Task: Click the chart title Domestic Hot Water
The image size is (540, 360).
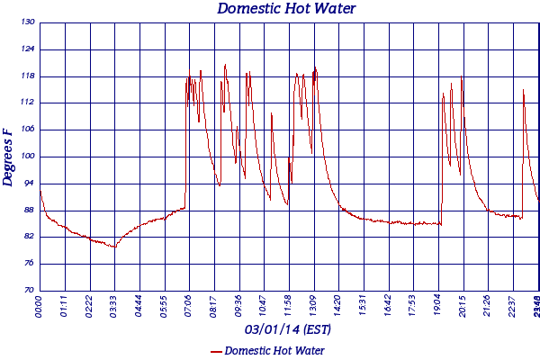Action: click(287, 9)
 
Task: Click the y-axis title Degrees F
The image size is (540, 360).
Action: click(8, 157)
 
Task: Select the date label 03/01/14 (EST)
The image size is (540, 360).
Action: click(287, 330)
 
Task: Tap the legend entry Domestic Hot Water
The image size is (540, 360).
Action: click(274, 350)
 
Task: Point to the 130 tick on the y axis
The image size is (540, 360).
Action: click(29, 22)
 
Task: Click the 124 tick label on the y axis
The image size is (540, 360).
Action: click(29, 49)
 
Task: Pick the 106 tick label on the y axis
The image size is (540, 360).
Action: click(29, 129)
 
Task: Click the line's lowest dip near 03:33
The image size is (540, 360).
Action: click(114, 247)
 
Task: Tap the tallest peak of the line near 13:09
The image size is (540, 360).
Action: click(314, 66)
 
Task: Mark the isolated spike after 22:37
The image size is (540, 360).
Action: click(523, 90)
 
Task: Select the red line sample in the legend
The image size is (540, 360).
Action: click(215, 351)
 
